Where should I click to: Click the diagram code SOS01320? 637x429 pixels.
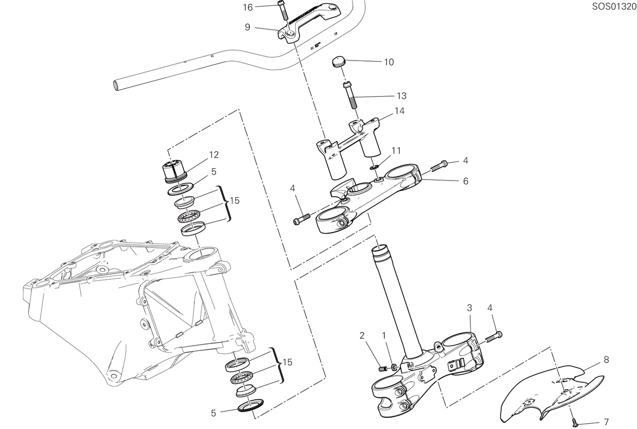coord(614,6)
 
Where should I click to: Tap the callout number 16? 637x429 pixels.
coord(248,7)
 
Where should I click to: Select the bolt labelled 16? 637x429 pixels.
coord(281,11)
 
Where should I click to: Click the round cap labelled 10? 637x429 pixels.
coord(339,63)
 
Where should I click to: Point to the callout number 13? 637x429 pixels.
coord(401,96)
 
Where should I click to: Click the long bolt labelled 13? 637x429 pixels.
coord(351,96)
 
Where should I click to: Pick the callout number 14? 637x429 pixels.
coord(400,110)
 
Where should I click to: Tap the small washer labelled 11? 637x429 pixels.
coord(374,167)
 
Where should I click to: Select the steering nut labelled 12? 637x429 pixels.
coord(174,171)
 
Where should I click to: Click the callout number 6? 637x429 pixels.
coord(466,181)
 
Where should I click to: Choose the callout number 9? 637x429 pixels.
coord(247,27)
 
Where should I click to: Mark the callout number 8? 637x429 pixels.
coord(606,359)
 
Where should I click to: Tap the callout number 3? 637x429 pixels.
coord(469,307)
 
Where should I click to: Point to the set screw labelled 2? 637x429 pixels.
coord(383,369)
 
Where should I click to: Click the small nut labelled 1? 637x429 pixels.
coord(394,367)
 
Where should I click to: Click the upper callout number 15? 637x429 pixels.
coord(235,201)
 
